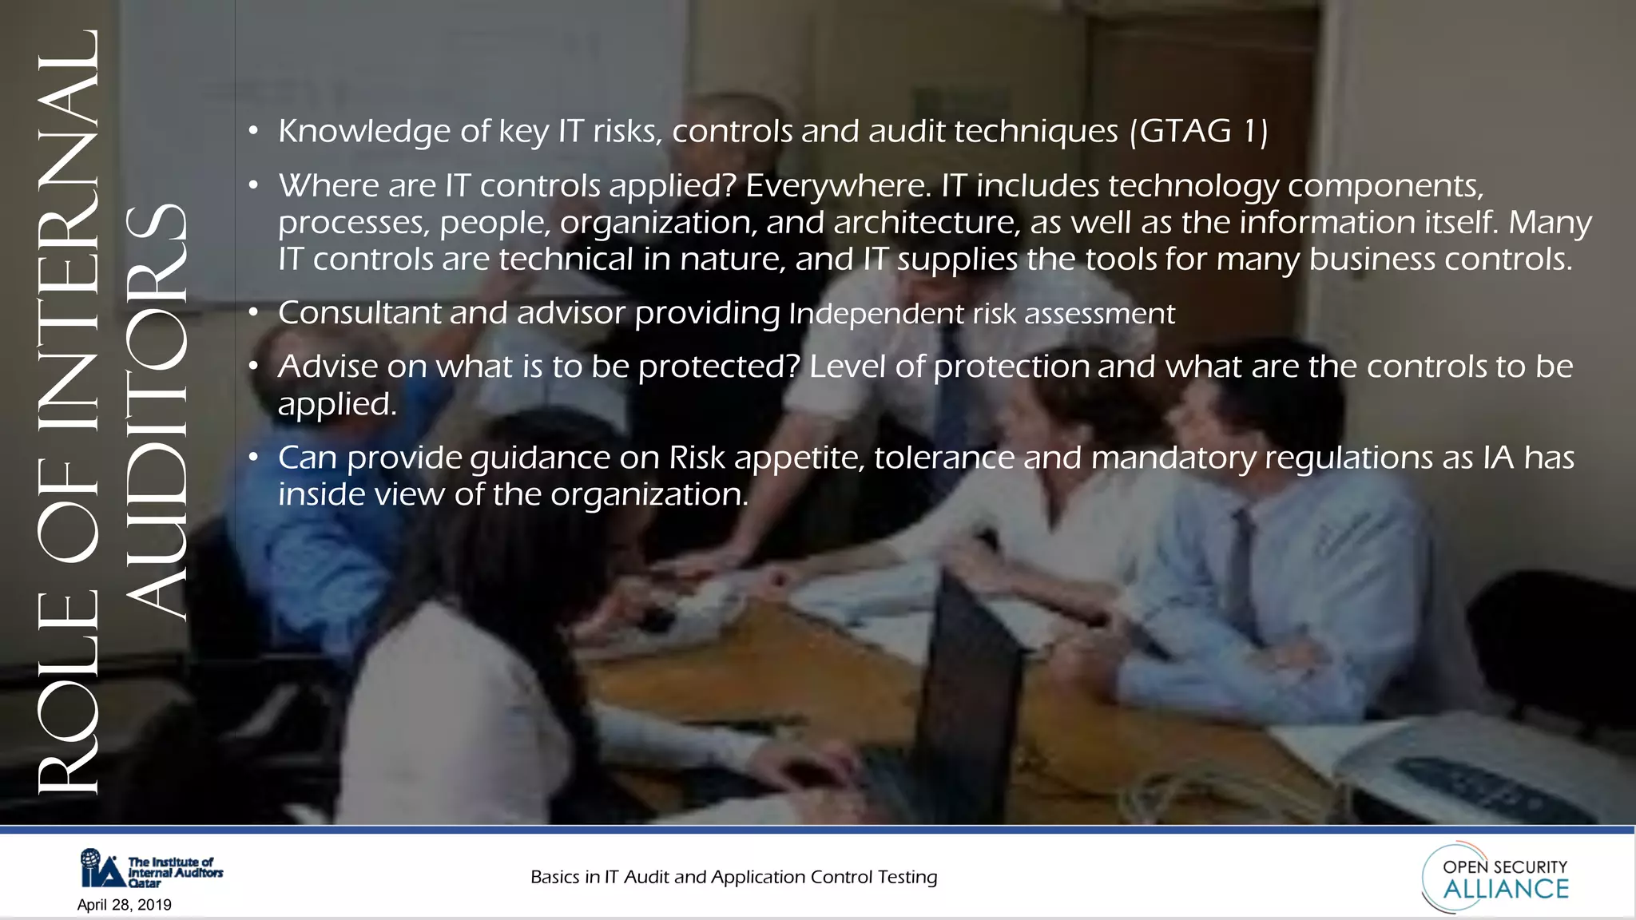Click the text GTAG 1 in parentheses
click(1199, 132)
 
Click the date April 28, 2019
click(125, 905)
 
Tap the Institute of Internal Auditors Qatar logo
click(151, 868)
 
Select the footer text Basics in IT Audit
click(733, 877)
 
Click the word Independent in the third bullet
click(876, 314)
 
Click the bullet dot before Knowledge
click(253, 130)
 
